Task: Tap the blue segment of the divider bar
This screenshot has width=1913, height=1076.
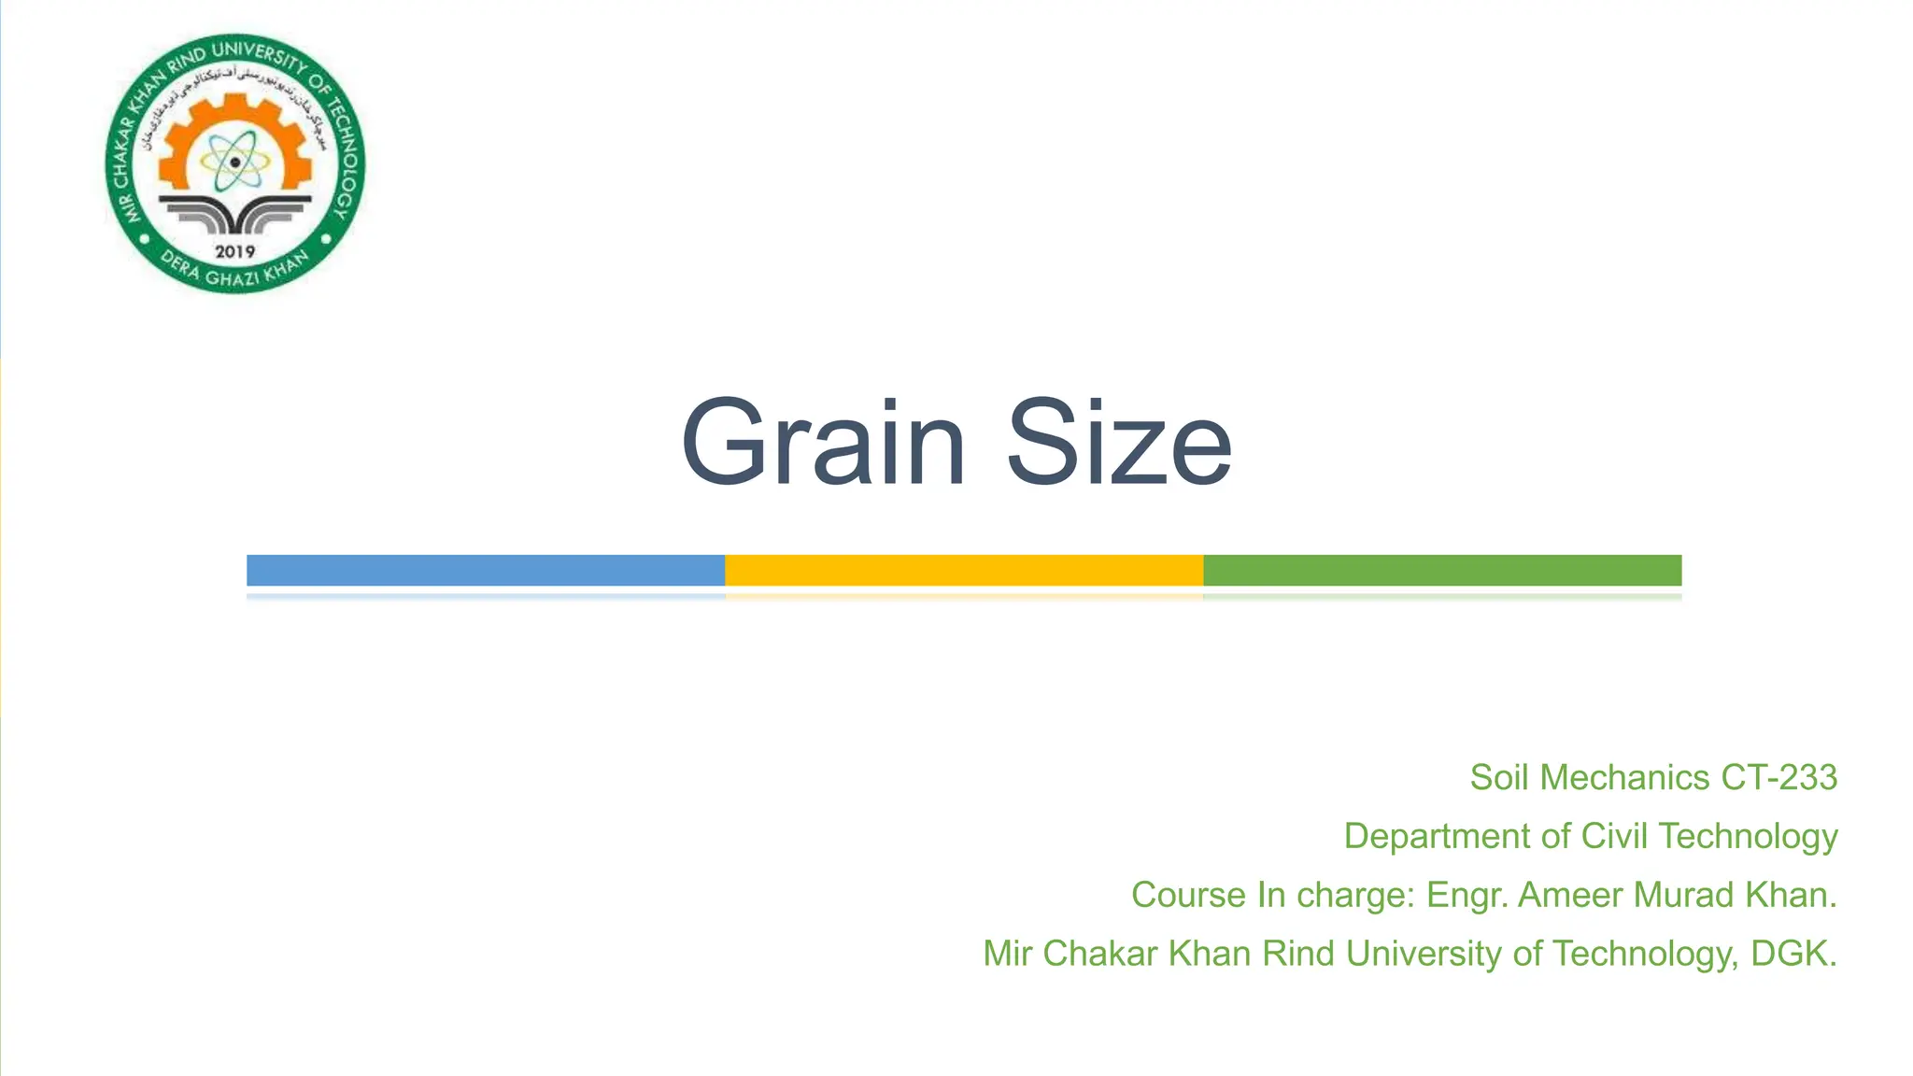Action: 486,570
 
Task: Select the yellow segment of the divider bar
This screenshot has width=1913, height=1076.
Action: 964,570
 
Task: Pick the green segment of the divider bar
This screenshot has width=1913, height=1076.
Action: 1442,570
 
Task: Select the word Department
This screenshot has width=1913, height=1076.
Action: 1437,836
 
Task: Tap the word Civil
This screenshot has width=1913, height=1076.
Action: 1613,836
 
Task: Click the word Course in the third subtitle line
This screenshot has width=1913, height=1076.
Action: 1188,895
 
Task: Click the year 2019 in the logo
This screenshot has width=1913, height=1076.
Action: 235,251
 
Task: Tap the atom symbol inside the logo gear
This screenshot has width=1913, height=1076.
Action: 234,162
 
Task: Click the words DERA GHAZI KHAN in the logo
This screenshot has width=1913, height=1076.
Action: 234,272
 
